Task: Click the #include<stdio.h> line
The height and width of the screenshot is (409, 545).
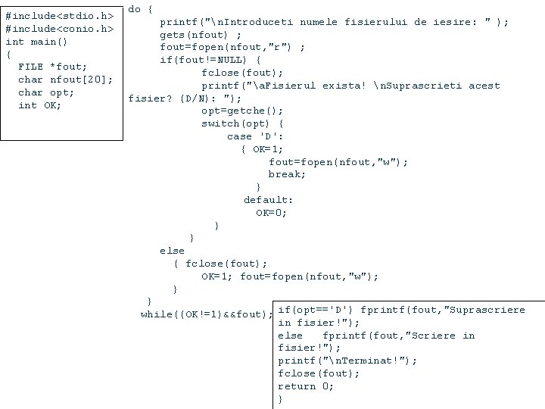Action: click(59, 16)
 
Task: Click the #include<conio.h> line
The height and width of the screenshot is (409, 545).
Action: click(59, 29)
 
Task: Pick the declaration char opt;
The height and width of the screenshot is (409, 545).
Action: click(46, 92)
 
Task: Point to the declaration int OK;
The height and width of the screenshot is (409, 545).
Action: click(40, 105)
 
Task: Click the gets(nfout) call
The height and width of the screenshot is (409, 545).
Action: click(201, 34)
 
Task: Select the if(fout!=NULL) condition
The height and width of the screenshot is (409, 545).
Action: click(210, 60)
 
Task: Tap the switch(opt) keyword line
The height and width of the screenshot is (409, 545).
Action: click(242, 123)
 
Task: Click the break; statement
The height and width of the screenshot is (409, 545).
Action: click(287, 174)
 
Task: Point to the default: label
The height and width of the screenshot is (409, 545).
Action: click(268, 200)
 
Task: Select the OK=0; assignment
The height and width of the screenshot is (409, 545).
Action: click(271, 213)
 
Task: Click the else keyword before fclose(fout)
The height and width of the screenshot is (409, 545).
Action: click(172, 251)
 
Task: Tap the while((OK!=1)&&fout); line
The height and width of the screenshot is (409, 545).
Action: click(206, 314)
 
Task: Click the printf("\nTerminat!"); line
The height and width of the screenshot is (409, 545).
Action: click(347, 361)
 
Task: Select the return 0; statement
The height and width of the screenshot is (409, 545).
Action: click(307, 386)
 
